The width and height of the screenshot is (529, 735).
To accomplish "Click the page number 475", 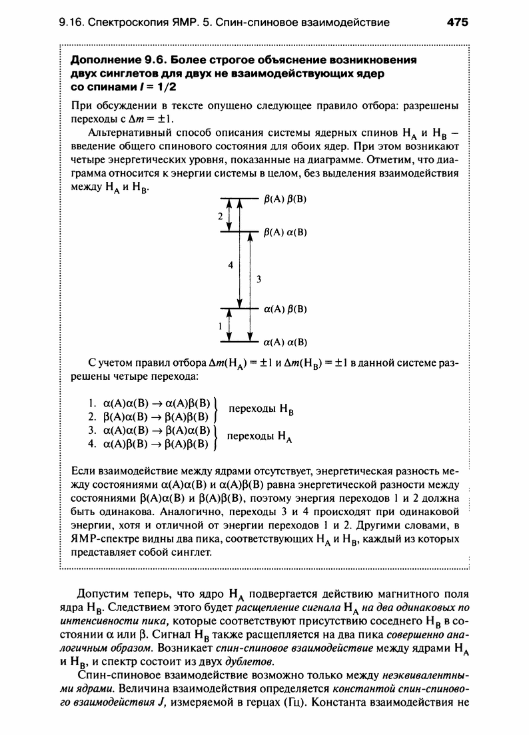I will pyautogui.click(x=458, y=22).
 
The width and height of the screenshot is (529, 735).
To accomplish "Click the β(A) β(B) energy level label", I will pyautogui.click(x=285, y=199).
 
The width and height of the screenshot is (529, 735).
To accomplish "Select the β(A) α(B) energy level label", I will pyautogui.click(x=285, y=233).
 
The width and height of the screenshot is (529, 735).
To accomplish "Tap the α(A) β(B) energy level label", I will pyautogui.click(x=285, y=309).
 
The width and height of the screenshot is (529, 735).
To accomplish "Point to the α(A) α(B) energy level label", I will pyautogui.click(x=285, y=343).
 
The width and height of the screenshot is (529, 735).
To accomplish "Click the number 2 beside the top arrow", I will pyautogui.click(x=220, y=217).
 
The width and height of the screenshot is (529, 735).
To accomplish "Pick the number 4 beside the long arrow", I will pyautogui.click(x=231, y=265).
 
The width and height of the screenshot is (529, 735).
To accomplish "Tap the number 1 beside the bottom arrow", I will pyautogui.click(x=220, y=327).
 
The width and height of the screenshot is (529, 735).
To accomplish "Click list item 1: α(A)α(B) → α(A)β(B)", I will pyautogui.click(x=149, y=404).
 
